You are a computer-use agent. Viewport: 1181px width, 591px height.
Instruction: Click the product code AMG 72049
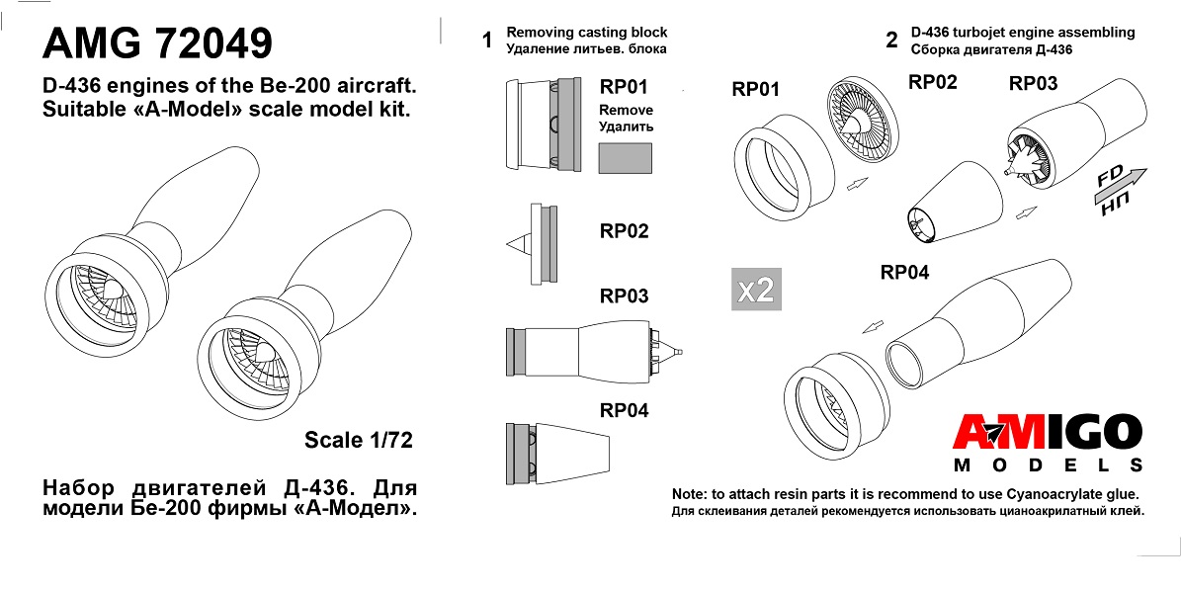pyautogui.click(x=157, y=42)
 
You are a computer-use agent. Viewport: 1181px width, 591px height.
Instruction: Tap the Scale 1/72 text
pyautogui.click(x=359, y=440)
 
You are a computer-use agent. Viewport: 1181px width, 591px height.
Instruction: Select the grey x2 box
pyautogui.click(x=756, y=290)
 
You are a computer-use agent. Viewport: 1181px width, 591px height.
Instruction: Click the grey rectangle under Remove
pyautogui.click(x=626, y=159)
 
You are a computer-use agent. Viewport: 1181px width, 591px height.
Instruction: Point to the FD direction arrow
pyautogui.click(x=1120, y=188)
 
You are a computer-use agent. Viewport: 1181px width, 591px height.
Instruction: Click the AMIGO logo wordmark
pyautogui.click(x=1047, y=433)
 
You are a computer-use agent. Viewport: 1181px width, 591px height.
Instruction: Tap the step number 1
pyautogui.click(x=487, y=41)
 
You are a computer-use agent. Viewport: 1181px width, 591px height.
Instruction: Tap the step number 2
pyautogui.click(x=891, y=41)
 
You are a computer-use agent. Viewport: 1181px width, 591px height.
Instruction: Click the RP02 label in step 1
pyautogui.click(x=624, y=231)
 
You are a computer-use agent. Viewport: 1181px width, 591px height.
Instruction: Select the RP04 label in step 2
pyautogui.click(x=904, y=272)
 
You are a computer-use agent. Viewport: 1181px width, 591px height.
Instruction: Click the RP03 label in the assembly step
pyautogui.click(x=1034, y=84)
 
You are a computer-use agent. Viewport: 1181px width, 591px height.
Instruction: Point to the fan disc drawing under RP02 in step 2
pyautogui.click(x=864, y=127)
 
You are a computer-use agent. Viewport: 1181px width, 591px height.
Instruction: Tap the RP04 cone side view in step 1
pyautogui.click(x=557, y=454)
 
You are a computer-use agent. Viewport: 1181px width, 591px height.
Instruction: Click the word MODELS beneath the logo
pyautogui.click(x=1048, y=464)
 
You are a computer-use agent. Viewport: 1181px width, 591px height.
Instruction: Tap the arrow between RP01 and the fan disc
pyautogui.click(x=857, y=183)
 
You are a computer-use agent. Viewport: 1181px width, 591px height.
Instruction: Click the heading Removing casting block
pyautogui.click(x=587, y=33)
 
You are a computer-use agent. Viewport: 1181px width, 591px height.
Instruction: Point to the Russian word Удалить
pyautogui.click(x=626, y=127)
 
